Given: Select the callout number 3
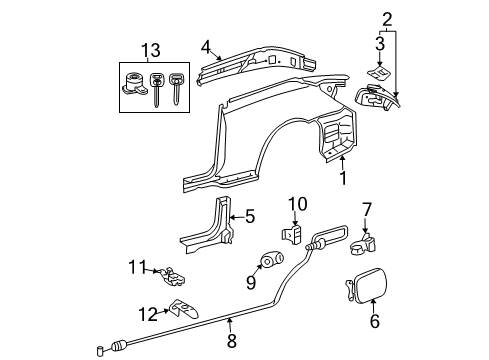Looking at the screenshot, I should pyautogui.click(x=378, y=44).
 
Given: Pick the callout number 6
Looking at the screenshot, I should pyautogui.click(x=374, y=322).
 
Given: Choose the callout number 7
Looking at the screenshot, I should pyautogui.click(x=367, y=237).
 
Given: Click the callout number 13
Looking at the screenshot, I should pyautogui.click(x=149, y=51).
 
